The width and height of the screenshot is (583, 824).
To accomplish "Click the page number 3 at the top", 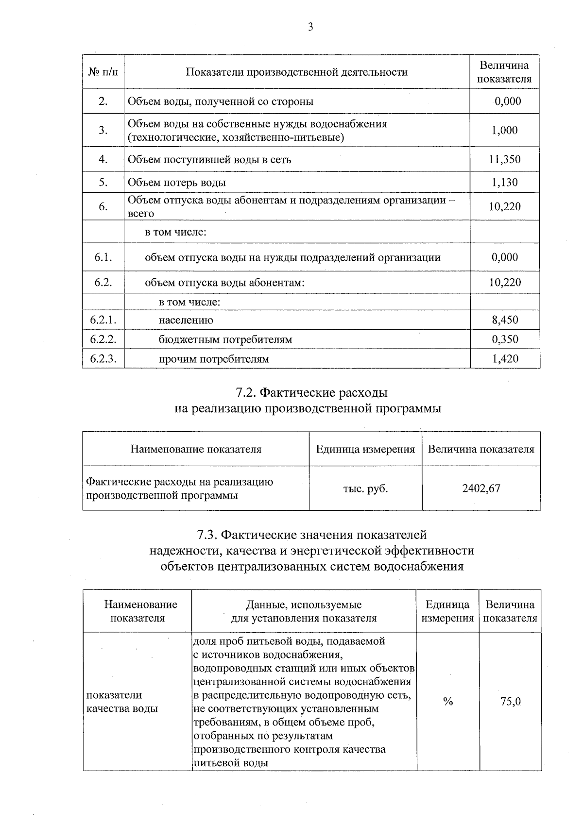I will (x=310, y=27).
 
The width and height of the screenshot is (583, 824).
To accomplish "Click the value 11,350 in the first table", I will (x=504, y=159).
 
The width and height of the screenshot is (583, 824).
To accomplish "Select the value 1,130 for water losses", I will (x=504, y=183).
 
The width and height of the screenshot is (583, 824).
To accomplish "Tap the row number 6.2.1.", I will (x=103, y=320).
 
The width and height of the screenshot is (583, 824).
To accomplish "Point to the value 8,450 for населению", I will (x=505, y=320).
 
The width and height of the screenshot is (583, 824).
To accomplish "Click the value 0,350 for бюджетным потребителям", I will (x=505, y=339).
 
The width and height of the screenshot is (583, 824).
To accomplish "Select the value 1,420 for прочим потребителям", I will (x=505, y=359).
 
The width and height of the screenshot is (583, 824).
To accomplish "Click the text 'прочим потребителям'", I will (x=214, y=359).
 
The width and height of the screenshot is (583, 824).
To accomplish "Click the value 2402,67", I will (x=481, y=488).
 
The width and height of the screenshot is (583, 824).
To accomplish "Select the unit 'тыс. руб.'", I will (x=365, y=488).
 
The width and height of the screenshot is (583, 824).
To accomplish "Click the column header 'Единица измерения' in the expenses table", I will (x=365, y=449).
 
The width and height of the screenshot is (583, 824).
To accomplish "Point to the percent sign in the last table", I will (x=447, y=701).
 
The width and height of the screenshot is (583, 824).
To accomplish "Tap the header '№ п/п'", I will (x=103, y=72).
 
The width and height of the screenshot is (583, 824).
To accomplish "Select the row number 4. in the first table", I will (x=103, y=159).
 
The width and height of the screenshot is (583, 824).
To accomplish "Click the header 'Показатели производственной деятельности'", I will (x=296, y=72).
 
